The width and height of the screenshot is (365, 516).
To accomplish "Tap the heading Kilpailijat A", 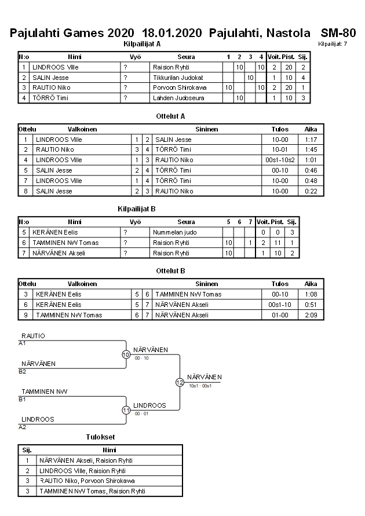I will click(x=143, y=44).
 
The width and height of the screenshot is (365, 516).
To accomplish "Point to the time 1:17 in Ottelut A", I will click(x=311, y=140).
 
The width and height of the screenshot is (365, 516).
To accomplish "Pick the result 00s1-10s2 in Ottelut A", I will click(x=280, y=160).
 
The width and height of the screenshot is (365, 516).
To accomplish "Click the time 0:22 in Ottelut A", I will click(x=311, y=191).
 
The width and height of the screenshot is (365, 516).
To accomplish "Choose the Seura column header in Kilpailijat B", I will click(x=186, y=222).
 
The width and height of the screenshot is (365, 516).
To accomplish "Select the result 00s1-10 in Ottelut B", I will click(x=280, y=305).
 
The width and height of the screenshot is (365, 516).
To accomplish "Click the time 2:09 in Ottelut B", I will click(x=311, y=315).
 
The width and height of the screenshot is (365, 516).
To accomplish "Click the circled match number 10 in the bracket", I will click(x=126, y=354).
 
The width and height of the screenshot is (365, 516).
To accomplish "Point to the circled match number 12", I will click(x=180, y=382).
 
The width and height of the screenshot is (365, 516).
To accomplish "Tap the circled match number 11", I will click(x=126, y=410).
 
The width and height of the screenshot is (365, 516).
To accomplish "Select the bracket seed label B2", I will click(x=22, y=371).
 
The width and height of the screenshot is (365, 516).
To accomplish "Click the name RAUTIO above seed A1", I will click(x=33, y=336).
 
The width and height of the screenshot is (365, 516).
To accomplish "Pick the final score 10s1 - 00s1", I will click(x=200, y=386).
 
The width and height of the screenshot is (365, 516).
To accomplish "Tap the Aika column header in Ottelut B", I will click(x=311, y=284).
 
